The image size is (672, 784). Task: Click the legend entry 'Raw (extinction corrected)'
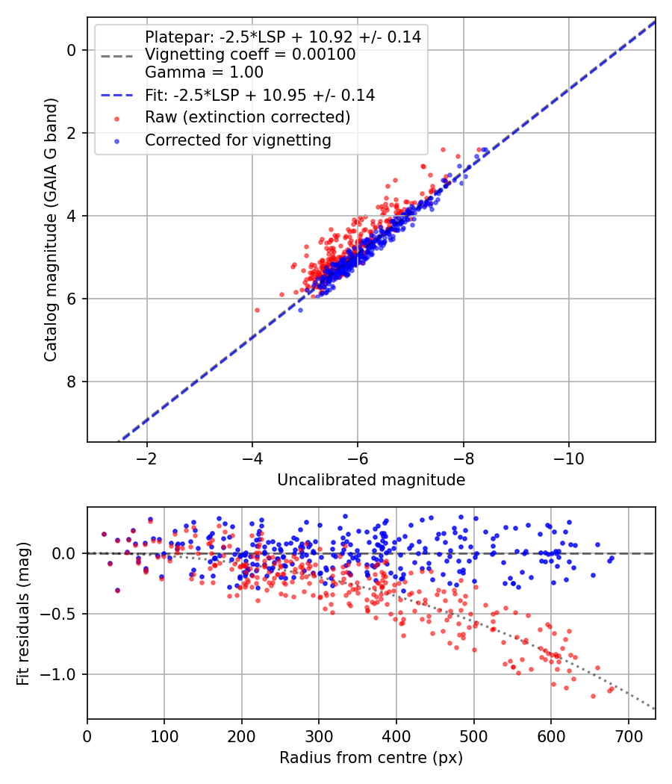(248, 117)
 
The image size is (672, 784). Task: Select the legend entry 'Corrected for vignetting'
(238, 140)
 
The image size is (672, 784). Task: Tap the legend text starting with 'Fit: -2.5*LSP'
(260, 95)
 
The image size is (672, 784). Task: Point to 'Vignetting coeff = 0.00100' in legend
(250, 54)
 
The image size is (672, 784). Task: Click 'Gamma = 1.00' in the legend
(204, 72)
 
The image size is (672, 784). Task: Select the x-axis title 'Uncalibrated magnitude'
(371, 479)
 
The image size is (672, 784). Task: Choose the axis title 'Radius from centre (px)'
(371, 758)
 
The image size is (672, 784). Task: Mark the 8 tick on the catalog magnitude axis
(72, 382)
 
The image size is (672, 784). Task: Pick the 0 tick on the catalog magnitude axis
(72, 50)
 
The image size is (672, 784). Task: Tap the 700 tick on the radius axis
(628, 735)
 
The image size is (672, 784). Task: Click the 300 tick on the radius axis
(319, 735)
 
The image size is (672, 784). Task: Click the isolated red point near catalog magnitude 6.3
(257, 310)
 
